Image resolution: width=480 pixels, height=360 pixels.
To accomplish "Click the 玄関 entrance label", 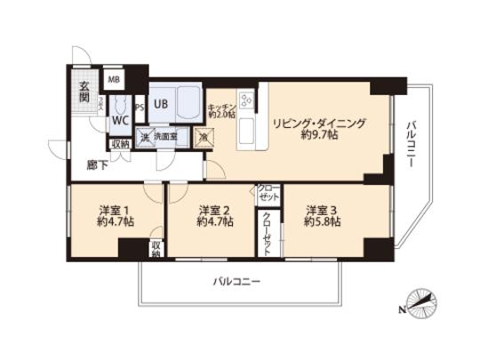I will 81,92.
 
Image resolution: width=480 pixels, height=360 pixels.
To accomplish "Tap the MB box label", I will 114,79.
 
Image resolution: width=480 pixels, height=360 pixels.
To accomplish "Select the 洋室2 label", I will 214,211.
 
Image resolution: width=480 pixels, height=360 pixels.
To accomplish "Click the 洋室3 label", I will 323,211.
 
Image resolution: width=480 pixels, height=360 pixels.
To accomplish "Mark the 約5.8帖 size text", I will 323,224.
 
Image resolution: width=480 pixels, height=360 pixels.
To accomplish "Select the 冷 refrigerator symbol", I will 203,138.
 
